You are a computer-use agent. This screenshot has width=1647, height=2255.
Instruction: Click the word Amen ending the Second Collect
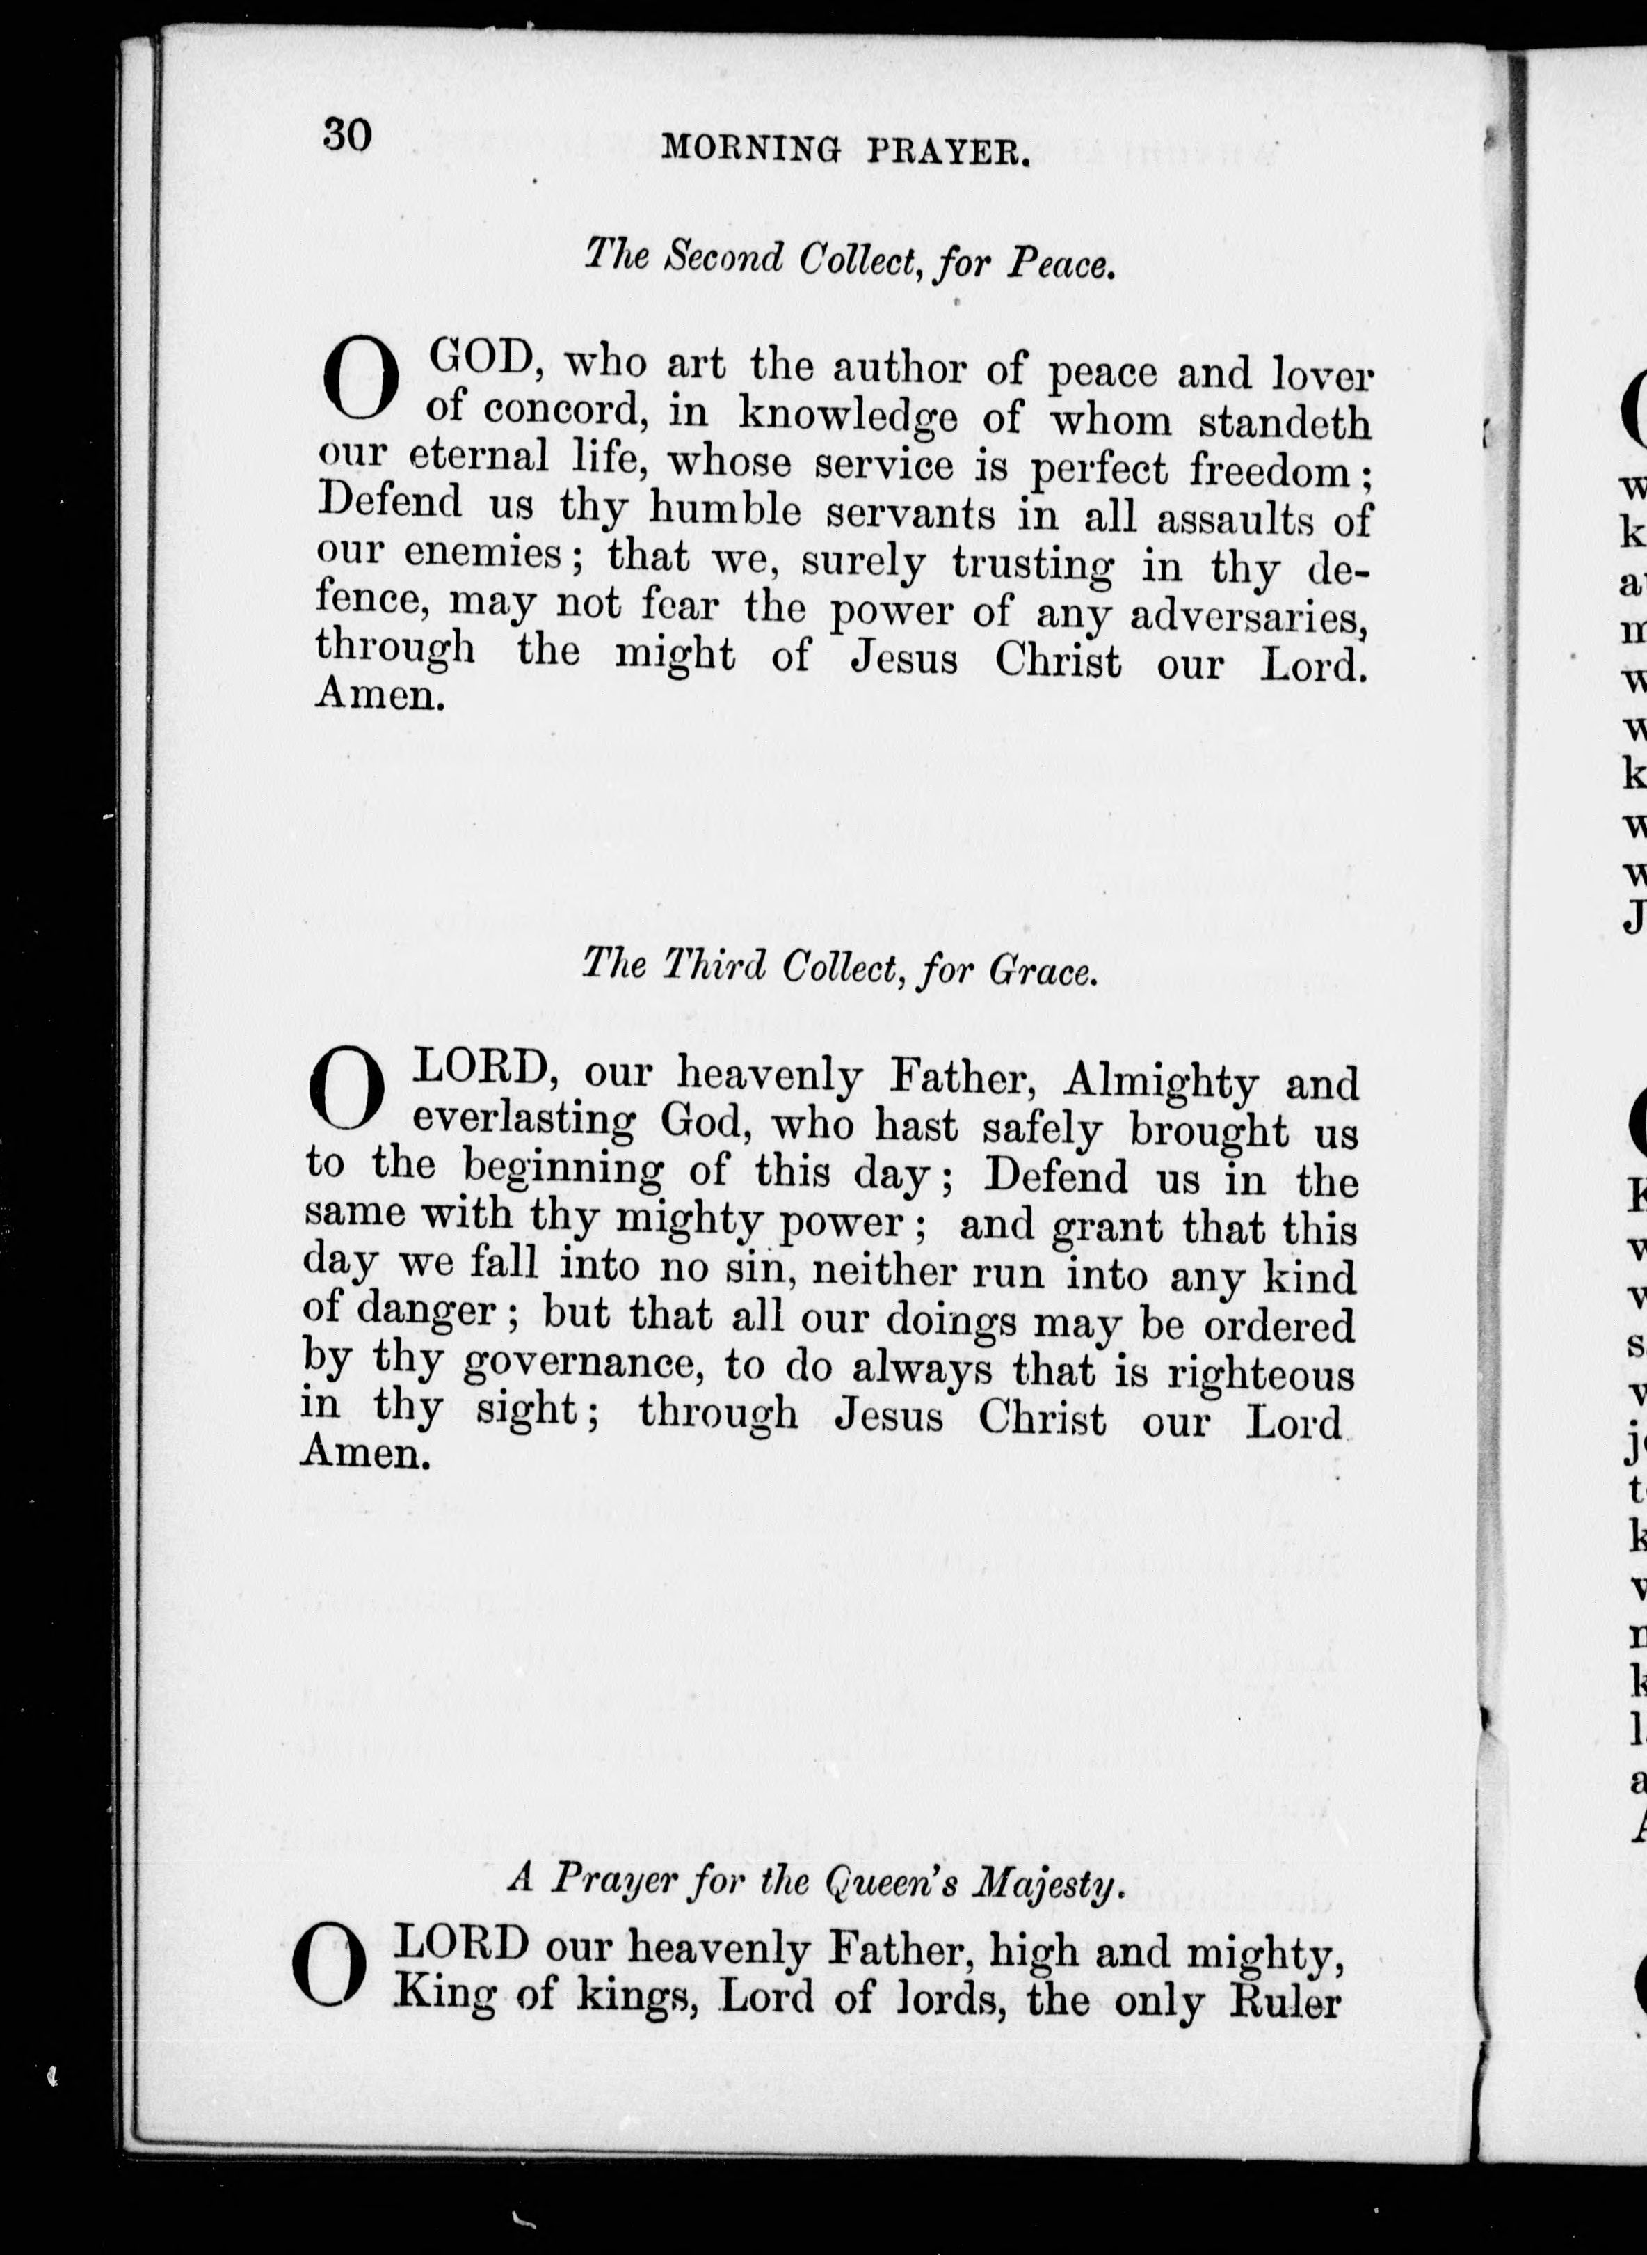[379, 695]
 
